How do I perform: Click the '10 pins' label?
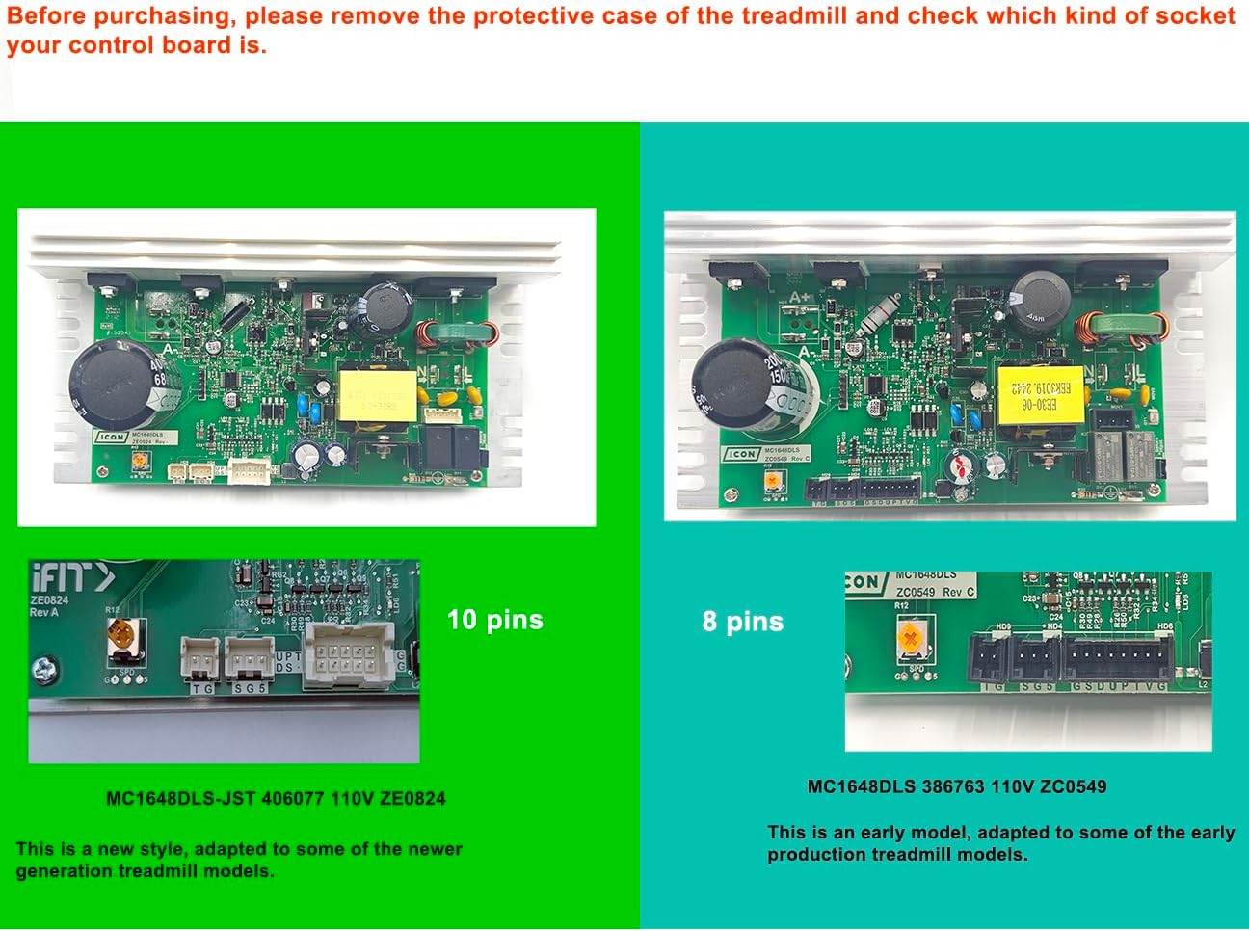point(494,620)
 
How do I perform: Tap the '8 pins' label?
point(742,622)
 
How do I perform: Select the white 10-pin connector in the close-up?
point(348,655)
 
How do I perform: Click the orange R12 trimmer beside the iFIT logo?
point(122,636)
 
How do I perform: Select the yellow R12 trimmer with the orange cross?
point(909,641)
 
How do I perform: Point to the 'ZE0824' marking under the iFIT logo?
point(49,599)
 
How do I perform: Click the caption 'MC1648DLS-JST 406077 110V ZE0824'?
point(276,798)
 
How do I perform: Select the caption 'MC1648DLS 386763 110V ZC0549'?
point(957,786)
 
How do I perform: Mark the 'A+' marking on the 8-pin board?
point(799,297)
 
